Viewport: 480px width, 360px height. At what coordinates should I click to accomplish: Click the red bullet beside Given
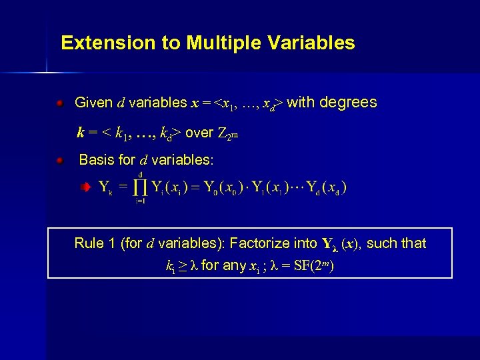pos(60,104)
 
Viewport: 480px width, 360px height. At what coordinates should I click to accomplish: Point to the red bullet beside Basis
pos(60,161)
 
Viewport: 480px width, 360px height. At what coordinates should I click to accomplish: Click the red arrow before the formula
pos(85,188)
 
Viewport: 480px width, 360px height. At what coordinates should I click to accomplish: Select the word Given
pos(93,103)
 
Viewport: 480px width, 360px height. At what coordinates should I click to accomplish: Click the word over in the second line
pos(199,133)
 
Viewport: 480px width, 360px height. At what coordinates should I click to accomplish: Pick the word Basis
pos(97,160)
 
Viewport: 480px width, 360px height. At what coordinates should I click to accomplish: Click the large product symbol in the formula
pos(141,187)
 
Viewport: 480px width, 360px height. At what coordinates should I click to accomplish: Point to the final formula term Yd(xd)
pos(326,187)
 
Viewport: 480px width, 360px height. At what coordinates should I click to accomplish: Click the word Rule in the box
pos(89,243)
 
